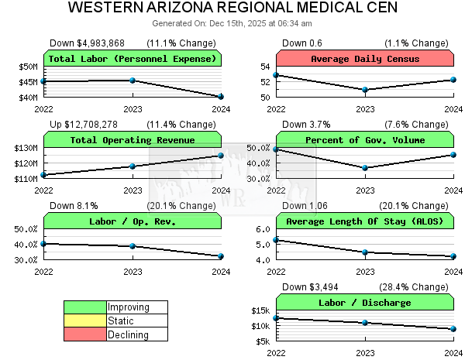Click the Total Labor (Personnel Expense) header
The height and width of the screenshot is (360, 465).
tap(133, 59)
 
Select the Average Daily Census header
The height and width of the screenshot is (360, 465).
tap(365, 59)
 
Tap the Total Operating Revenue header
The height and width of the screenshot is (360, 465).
tap(133, 140)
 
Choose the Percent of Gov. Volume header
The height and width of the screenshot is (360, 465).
tap(365, 140)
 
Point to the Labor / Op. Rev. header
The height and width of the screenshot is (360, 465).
tap(133, 221)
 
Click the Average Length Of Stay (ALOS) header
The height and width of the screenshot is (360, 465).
tap(365, 221)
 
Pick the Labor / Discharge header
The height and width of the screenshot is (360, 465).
tap(365, 303)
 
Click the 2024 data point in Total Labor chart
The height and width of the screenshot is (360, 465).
tap(221, 97)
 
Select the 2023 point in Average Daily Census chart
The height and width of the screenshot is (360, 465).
tap(365, 90)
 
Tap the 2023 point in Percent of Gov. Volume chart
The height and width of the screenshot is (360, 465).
tap(365, 168)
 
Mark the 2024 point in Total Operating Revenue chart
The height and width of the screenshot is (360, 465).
tap(221, 156)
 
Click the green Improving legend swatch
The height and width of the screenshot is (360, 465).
tap(84, 307)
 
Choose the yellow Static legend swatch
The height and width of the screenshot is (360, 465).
tap(84, 321)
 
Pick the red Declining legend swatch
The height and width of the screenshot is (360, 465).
tap(84, 334)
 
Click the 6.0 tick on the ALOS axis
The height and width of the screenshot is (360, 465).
tap(263, 229)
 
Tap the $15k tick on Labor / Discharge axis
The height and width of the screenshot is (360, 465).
tap(260, 310)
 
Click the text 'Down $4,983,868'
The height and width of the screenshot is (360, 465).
tap(87, 43)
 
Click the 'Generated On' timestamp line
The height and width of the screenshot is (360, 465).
tap(232, 23)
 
